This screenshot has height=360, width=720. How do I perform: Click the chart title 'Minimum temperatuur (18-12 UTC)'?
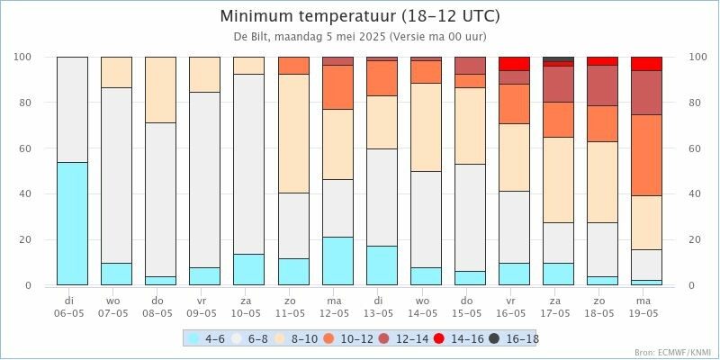360,17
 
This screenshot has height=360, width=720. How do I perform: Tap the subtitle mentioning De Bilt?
360,38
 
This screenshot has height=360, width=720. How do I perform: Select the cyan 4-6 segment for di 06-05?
72,223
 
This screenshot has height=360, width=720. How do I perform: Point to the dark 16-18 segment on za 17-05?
558,59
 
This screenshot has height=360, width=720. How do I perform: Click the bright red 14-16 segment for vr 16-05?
514,63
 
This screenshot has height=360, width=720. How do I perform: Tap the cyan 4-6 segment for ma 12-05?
337,261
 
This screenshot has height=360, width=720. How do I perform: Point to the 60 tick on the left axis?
27,148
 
